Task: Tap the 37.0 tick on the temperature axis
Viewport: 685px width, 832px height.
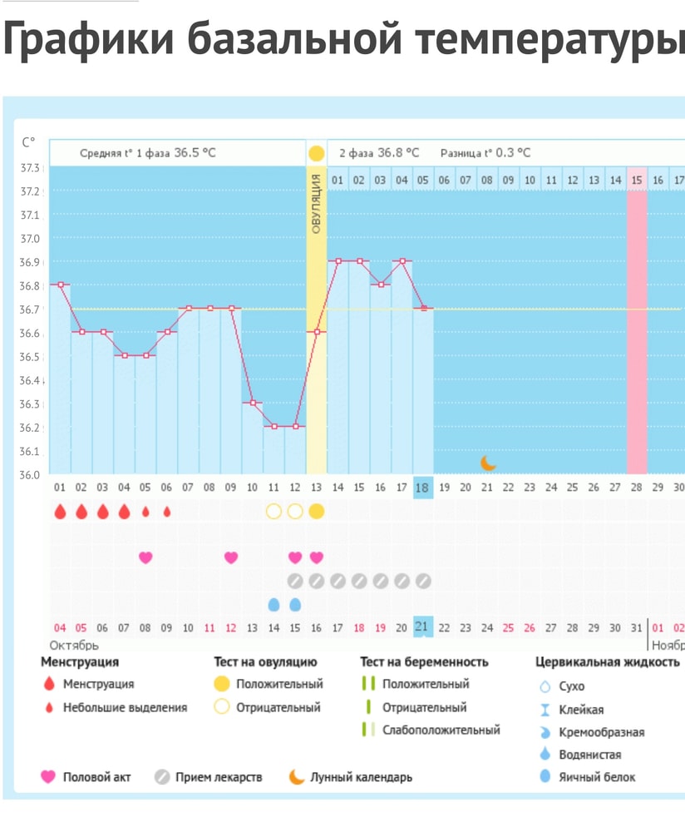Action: click(30, 238)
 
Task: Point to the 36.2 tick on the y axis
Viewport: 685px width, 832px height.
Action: click(30, 428)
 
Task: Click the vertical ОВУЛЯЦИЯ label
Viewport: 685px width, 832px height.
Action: click(317, 204)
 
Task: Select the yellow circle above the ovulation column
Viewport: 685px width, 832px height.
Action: click(316, 153)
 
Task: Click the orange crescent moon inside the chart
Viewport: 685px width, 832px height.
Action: click(487, 463)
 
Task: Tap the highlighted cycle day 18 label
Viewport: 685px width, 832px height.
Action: click(422, 488)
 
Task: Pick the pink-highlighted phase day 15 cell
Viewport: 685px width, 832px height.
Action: click(637, 180)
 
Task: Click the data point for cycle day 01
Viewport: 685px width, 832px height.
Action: click(60, 285)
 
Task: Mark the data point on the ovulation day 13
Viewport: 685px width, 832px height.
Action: click(317, 332)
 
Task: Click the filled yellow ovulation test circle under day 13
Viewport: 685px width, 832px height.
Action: click(316, 512)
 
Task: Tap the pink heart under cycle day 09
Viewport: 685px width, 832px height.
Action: click(231, 557)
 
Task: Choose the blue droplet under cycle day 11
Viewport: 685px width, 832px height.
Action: click(274, 604)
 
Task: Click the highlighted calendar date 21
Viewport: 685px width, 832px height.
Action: click(422, 627)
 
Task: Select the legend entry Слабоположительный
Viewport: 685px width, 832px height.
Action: click(441, 730)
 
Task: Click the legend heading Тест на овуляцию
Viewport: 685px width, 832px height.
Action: click(265, 662)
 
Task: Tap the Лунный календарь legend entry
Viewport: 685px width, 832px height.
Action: click(361, 777)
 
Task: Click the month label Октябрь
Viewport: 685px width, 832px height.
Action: click(74, 646)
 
